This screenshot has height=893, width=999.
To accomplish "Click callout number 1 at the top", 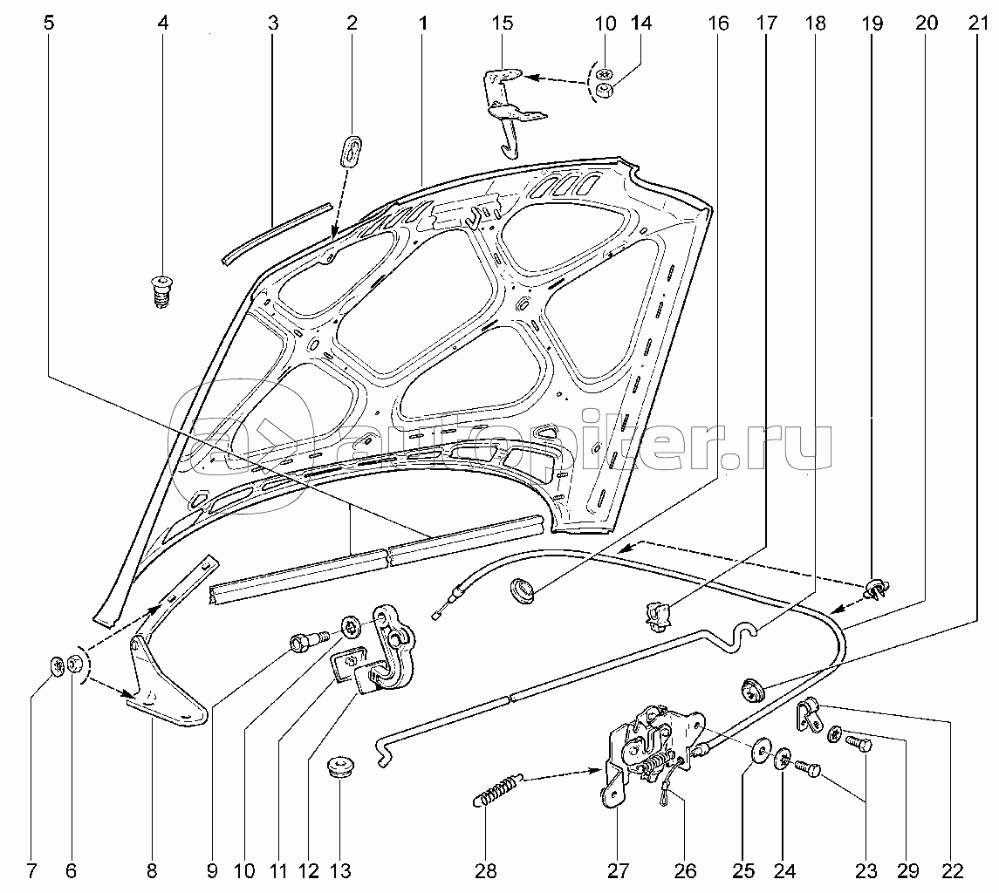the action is pyautogui.click(x=422, y=24).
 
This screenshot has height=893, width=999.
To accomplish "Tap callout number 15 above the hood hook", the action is pyautogui.click(x=502, y=24).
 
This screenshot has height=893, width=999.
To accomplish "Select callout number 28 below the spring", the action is pyautogui.click(x=485, y=870).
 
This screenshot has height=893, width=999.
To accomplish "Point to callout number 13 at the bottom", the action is pyautogui.click(x=340, y=870).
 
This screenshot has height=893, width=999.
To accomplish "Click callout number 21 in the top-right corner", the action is pyautogui.click(x=977, y=24).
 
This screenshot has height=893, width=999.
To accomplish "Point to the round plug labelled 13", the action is pyautogui.click(x=341, y=767).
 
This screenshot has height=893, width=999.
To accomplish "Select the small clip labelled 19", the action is pyautogui.click(x=878, y=590).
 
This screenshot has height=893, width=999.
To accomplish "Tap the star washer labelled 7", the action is pyautogui.click(x=58, y=666).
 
